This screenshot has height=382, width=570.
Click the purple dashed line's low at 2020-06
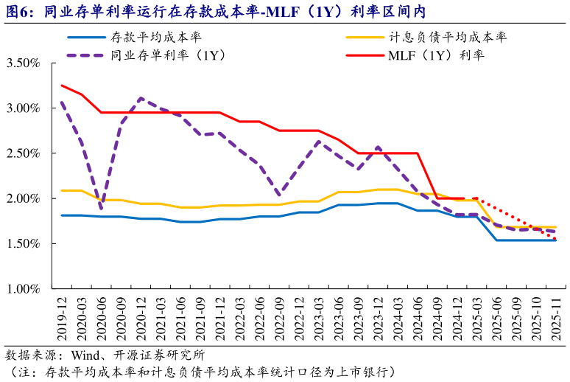101,205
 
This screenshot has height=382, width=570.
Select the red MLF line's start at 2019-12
62,86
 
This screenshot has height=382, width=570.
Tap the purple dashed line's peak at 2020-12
141,98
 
